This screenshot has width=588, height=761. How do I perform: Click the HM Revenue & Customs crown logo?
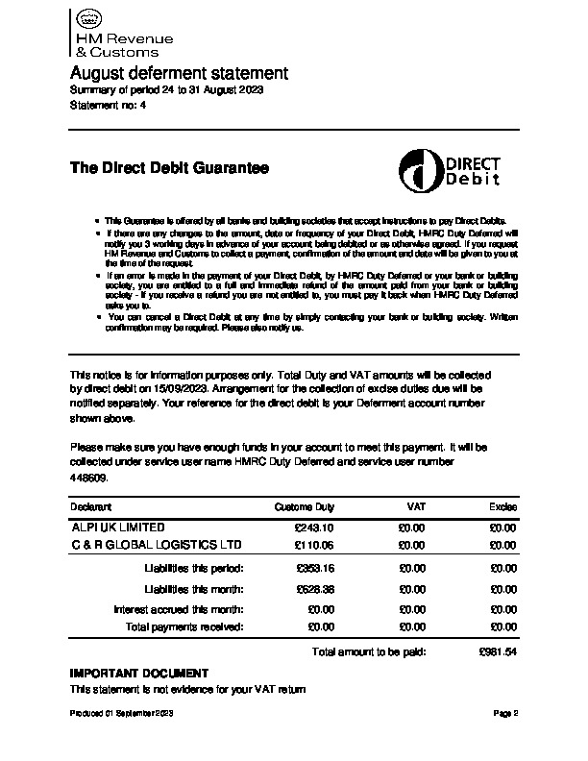pyautogui.click(x=87, y=19)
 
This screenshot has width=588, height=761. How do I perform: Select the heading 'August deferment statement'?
pyautogui.click(x=179, y=73)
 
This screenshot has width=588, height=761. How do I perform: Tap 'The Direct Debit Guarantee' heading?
pyautogui.click(x=169, y=168)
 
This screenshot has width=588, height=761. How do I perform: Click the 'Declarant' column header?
pyautogui.click(x=91, y=506)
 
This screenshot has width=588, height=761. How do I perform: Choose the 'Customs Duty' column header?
pyautogui.click(x=305, y=506)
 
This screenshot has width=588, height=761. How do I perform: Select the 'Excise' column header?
pyautogui.click(x=502, y=506)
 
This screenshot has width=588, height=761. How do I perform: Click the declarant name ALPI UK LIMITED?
pyautogui.click(x=118, y=528)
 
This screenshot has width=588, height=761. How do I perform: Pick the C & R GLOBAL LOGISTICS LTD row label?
pyautogui.click(x=158, y=545)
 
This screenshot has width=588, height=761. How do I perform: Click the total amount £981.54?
pyautogui.click(x=498, y=651)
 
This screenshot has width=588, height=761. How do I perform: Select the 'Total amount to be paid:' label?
pyautogui.click(x=369, y=651)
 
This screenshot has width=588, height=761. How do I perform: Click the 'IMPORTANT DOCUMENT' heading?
pyautogui.click(x=139, y=673)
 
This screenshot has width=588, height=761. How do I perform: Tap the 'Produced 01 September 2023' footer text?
pyautogui.click(x=120, y=714)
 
